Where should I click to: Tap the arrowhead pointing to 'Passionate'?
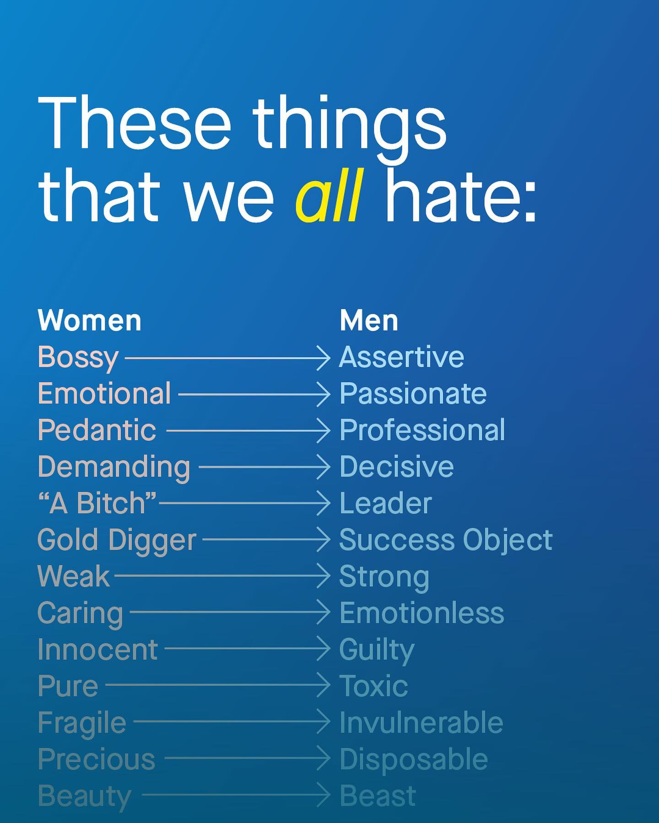[323, 394]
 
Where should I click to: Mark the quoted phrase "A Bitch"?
[97, 503]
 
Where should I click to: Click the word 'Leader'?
[386, 503]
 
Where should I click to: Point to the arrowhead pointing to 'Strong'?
[323, 576]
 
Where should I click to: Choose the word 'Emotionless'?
[421, 613]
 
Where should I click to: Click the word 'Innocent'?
[98, 649]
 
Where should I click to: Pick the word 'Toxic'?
[373, 686]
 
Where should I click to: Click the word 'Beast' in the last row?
[378, 796]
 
